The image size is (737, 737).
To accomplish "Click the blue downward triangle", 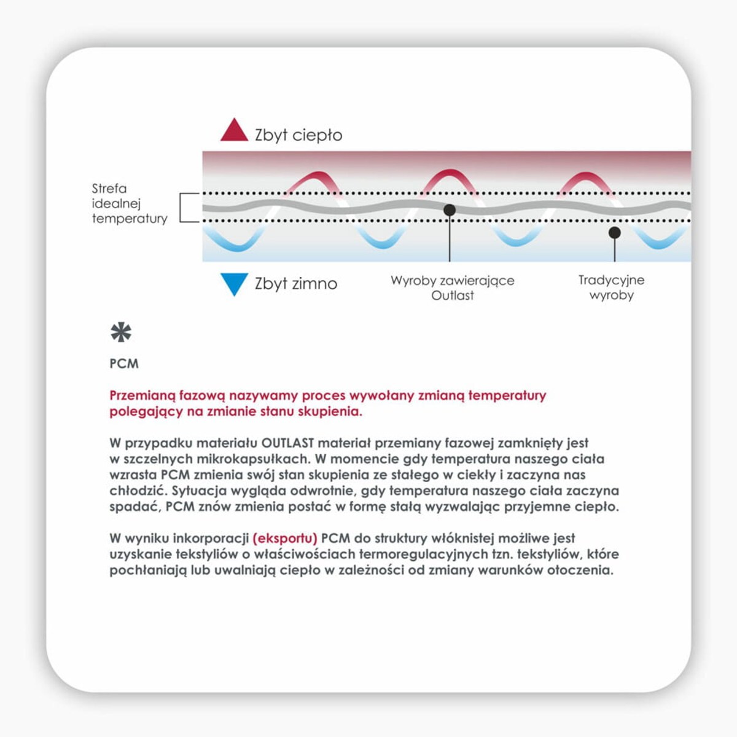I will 234,283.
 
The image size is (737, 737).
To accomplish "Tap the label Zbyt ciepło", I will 298,135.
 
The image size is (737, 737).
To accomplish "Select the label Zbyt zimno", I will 296,284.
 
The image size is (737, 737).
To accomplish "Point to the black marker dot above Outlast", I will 450,210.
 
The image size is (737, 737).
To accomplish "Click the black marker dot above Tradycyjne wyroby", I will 614,233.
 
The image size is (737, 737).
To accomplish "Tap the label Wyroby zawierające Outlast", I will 453,287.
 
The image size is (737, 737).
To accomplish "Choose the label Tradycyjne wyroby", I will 611,287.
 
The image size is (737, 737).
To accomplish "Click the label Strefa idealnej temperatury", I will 129,203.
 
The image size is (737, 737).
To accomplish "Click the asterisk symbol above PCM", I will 121,332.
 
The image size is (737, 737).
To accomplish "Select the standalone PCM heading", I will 124,364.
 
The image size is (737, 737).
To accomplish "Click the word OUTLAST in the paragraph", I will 287,443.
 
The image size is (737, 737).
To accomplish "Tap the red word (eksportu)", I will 285,539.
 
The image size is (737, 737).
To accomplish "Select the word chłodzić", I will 138,491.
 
